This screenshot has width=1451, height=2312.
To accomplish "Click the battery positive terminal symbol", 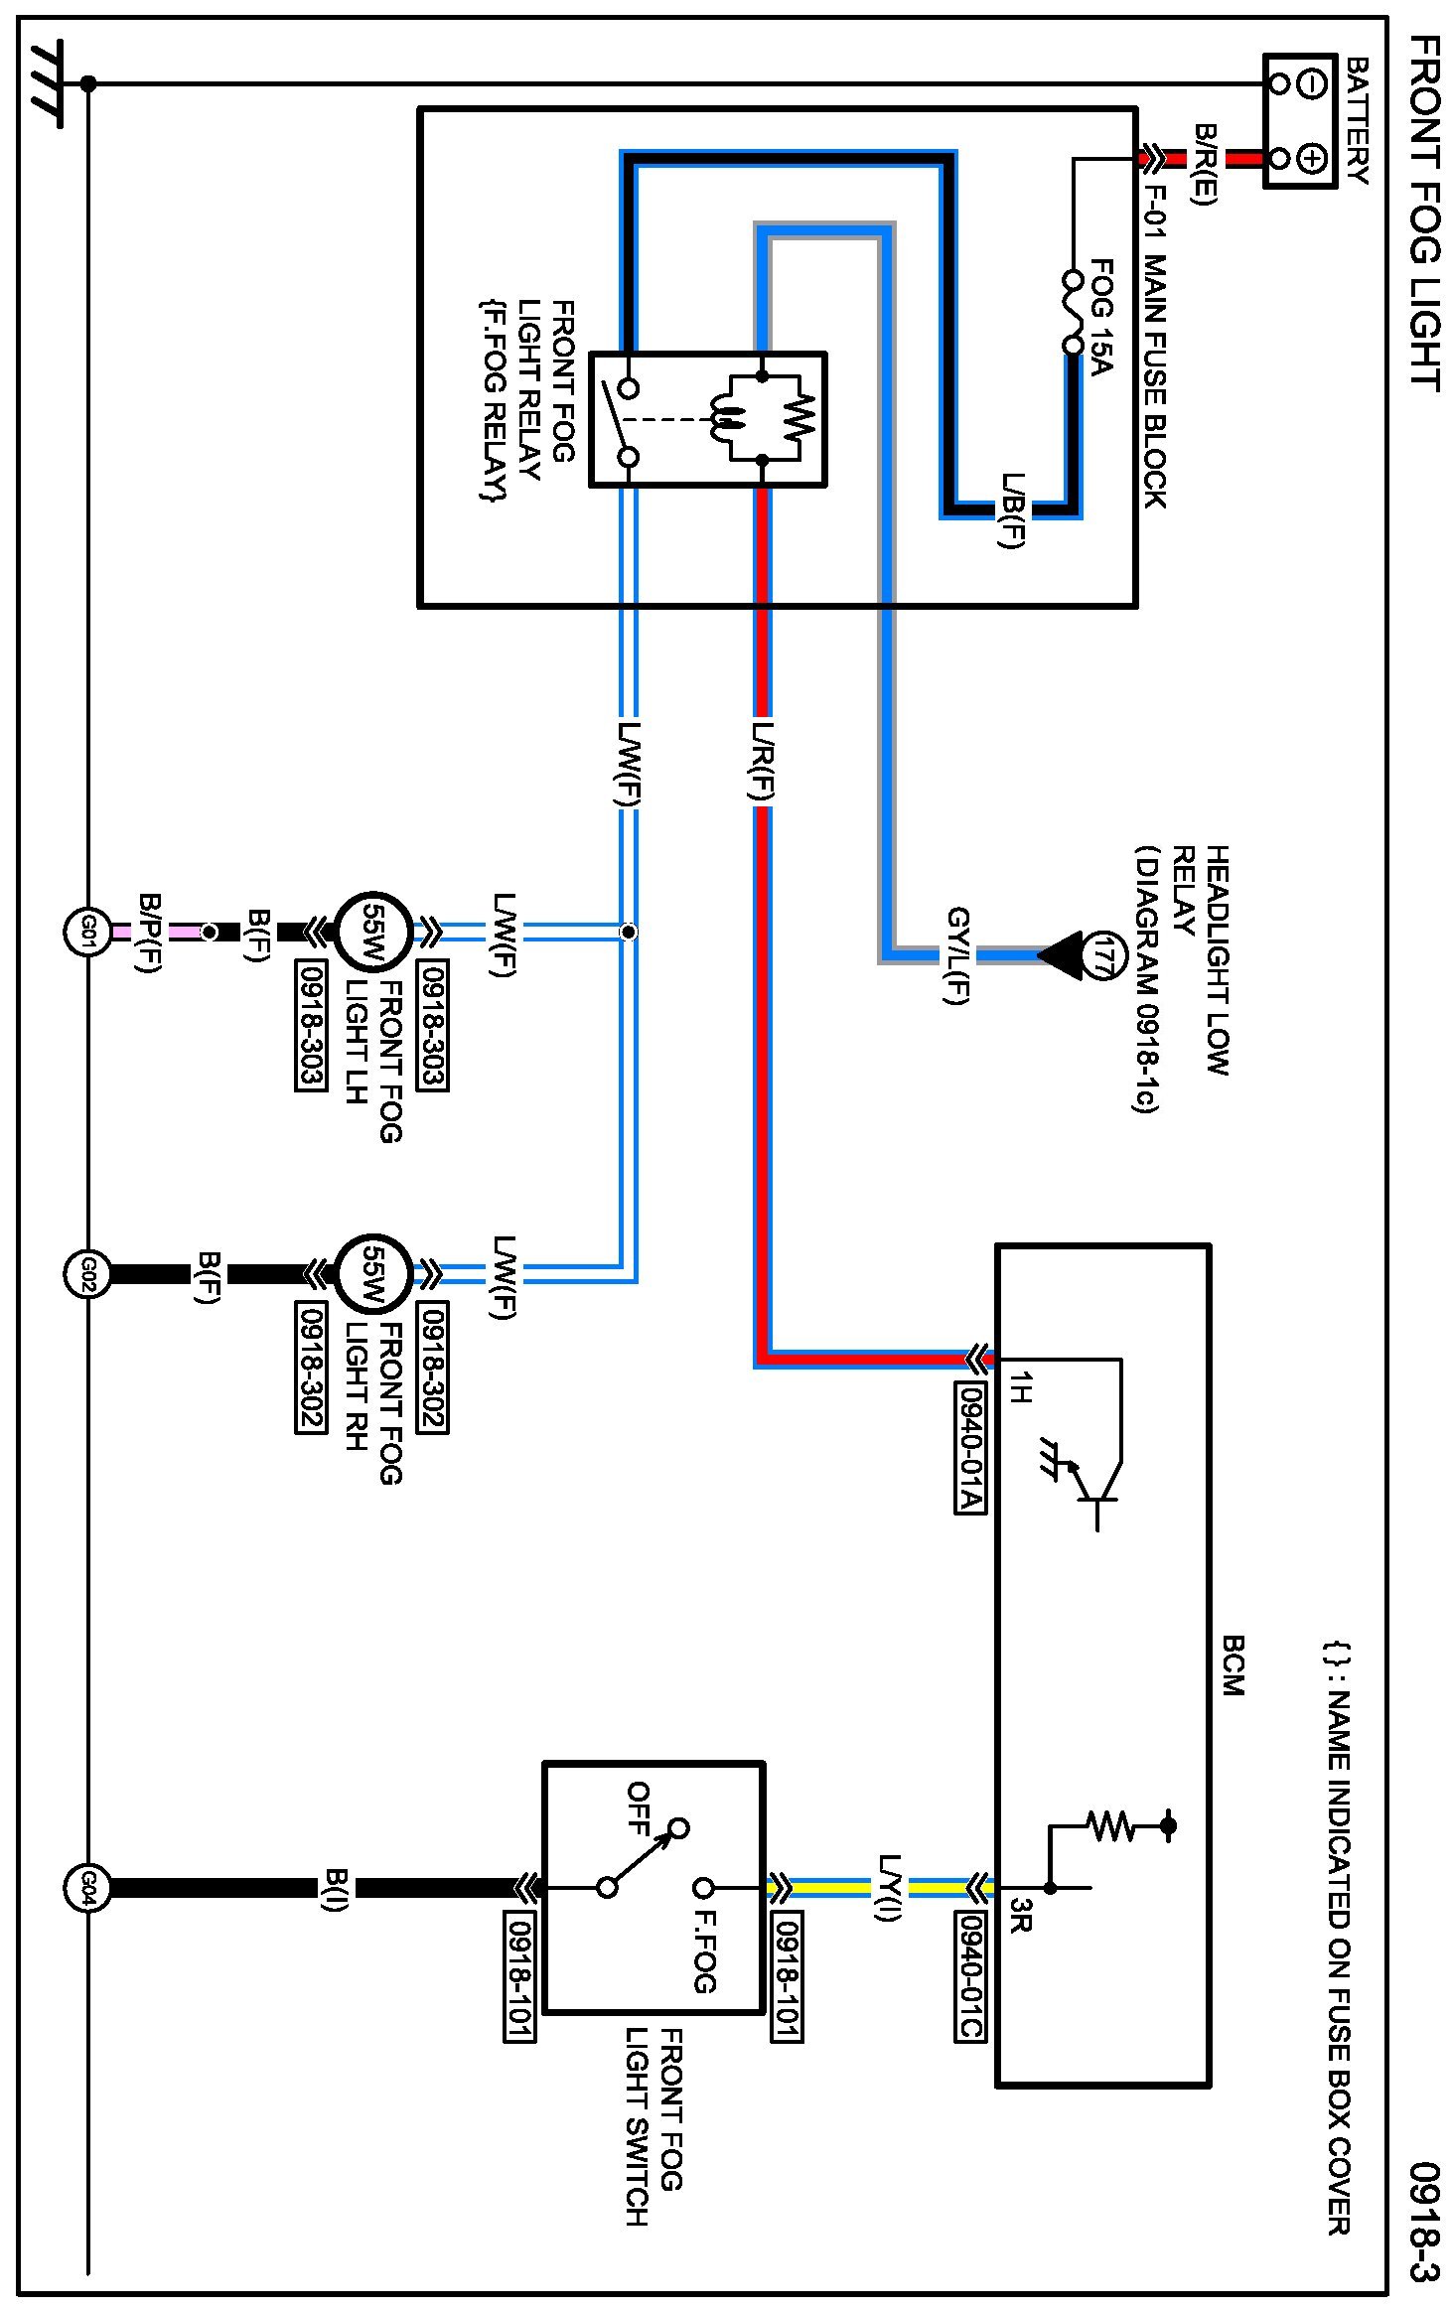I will coord(1312,158).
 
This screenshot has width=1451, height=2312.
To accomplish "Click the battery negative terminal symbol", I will coord(1312,83).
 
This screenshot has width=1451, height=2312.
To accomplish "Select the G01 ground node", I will coord(87,932).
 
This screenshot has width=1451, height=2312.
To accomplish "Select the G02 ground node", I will coord(87,1273).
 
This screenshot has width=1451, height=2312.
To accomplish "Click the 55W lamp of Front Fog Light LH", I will coord(372,932).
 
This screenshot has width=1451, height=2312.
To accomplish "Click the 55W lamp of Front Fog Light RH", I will coord(372,1273).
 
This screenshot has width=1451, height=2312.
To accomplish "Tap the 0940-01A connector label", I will coord(969,1447).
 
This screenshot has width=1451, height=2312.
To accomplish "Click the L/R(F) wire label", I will coord(762,761).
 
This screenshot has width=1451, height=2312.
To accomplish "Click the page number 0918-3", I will coord(1423,2221).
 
